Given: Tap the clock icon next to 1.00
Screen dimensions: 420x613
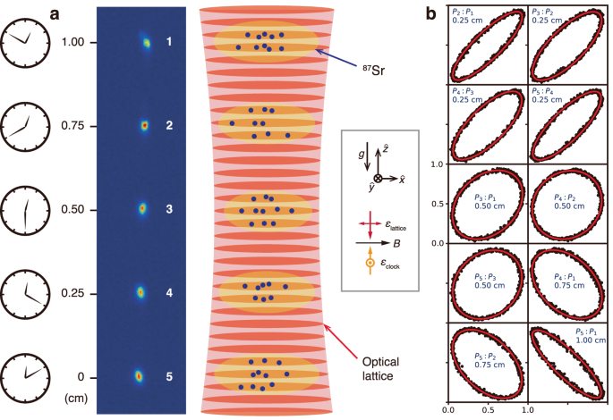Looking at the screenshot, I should pyautogui.click(x=25, y=42).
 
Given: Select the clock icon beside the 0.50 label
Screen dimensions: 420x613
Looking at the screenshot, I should pyautogui.click(x=25, y=209).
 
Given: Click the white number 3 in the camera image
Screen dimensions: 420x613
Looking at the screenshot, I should pyautogui.click(x=168, y=209).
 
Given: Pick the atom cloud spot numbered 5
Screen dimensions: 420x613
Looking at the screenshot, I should pyautogui.click(x=139, y=376).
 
